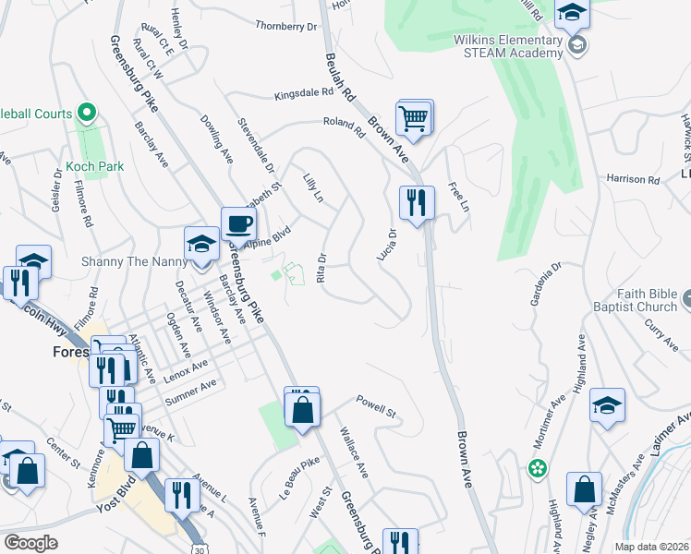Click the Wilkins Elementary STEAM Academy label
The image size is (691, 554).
pyautogui.click(x=507, y=46)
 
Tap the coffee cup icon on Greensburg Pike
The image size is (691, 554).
pyautogui.click(x=238, y=224)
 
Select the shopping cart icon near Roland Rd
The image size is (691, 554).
pyautogui.click(x=415, y=117)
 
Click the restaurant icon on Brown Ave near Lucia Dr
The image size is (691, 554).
pyautogui.click(x=417, y=203)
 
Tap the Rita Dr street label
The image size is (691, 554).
pyautogui.click(x=322, y=269)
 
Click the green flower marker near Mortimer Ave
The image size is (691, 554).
pyautogui.click(x=537, y=469)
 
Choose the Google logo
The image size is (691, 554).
pyautogui.click(x=30, y=543)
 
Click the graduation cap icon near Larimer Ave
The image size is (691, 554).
pyautogui.click(x=607, y=406)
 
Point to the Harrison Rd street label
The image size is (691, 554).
pyautogui.click(x=633, y=178)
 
